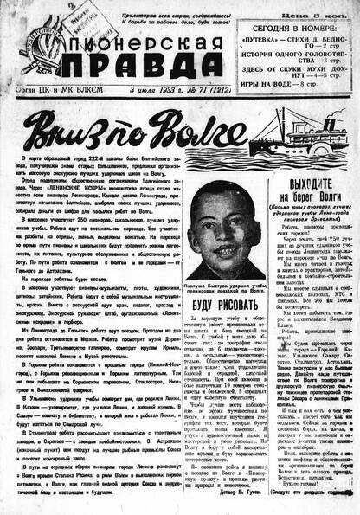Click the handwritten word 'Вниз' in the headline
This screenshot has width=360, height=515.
pyautogui.click(x=59, y=131)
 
